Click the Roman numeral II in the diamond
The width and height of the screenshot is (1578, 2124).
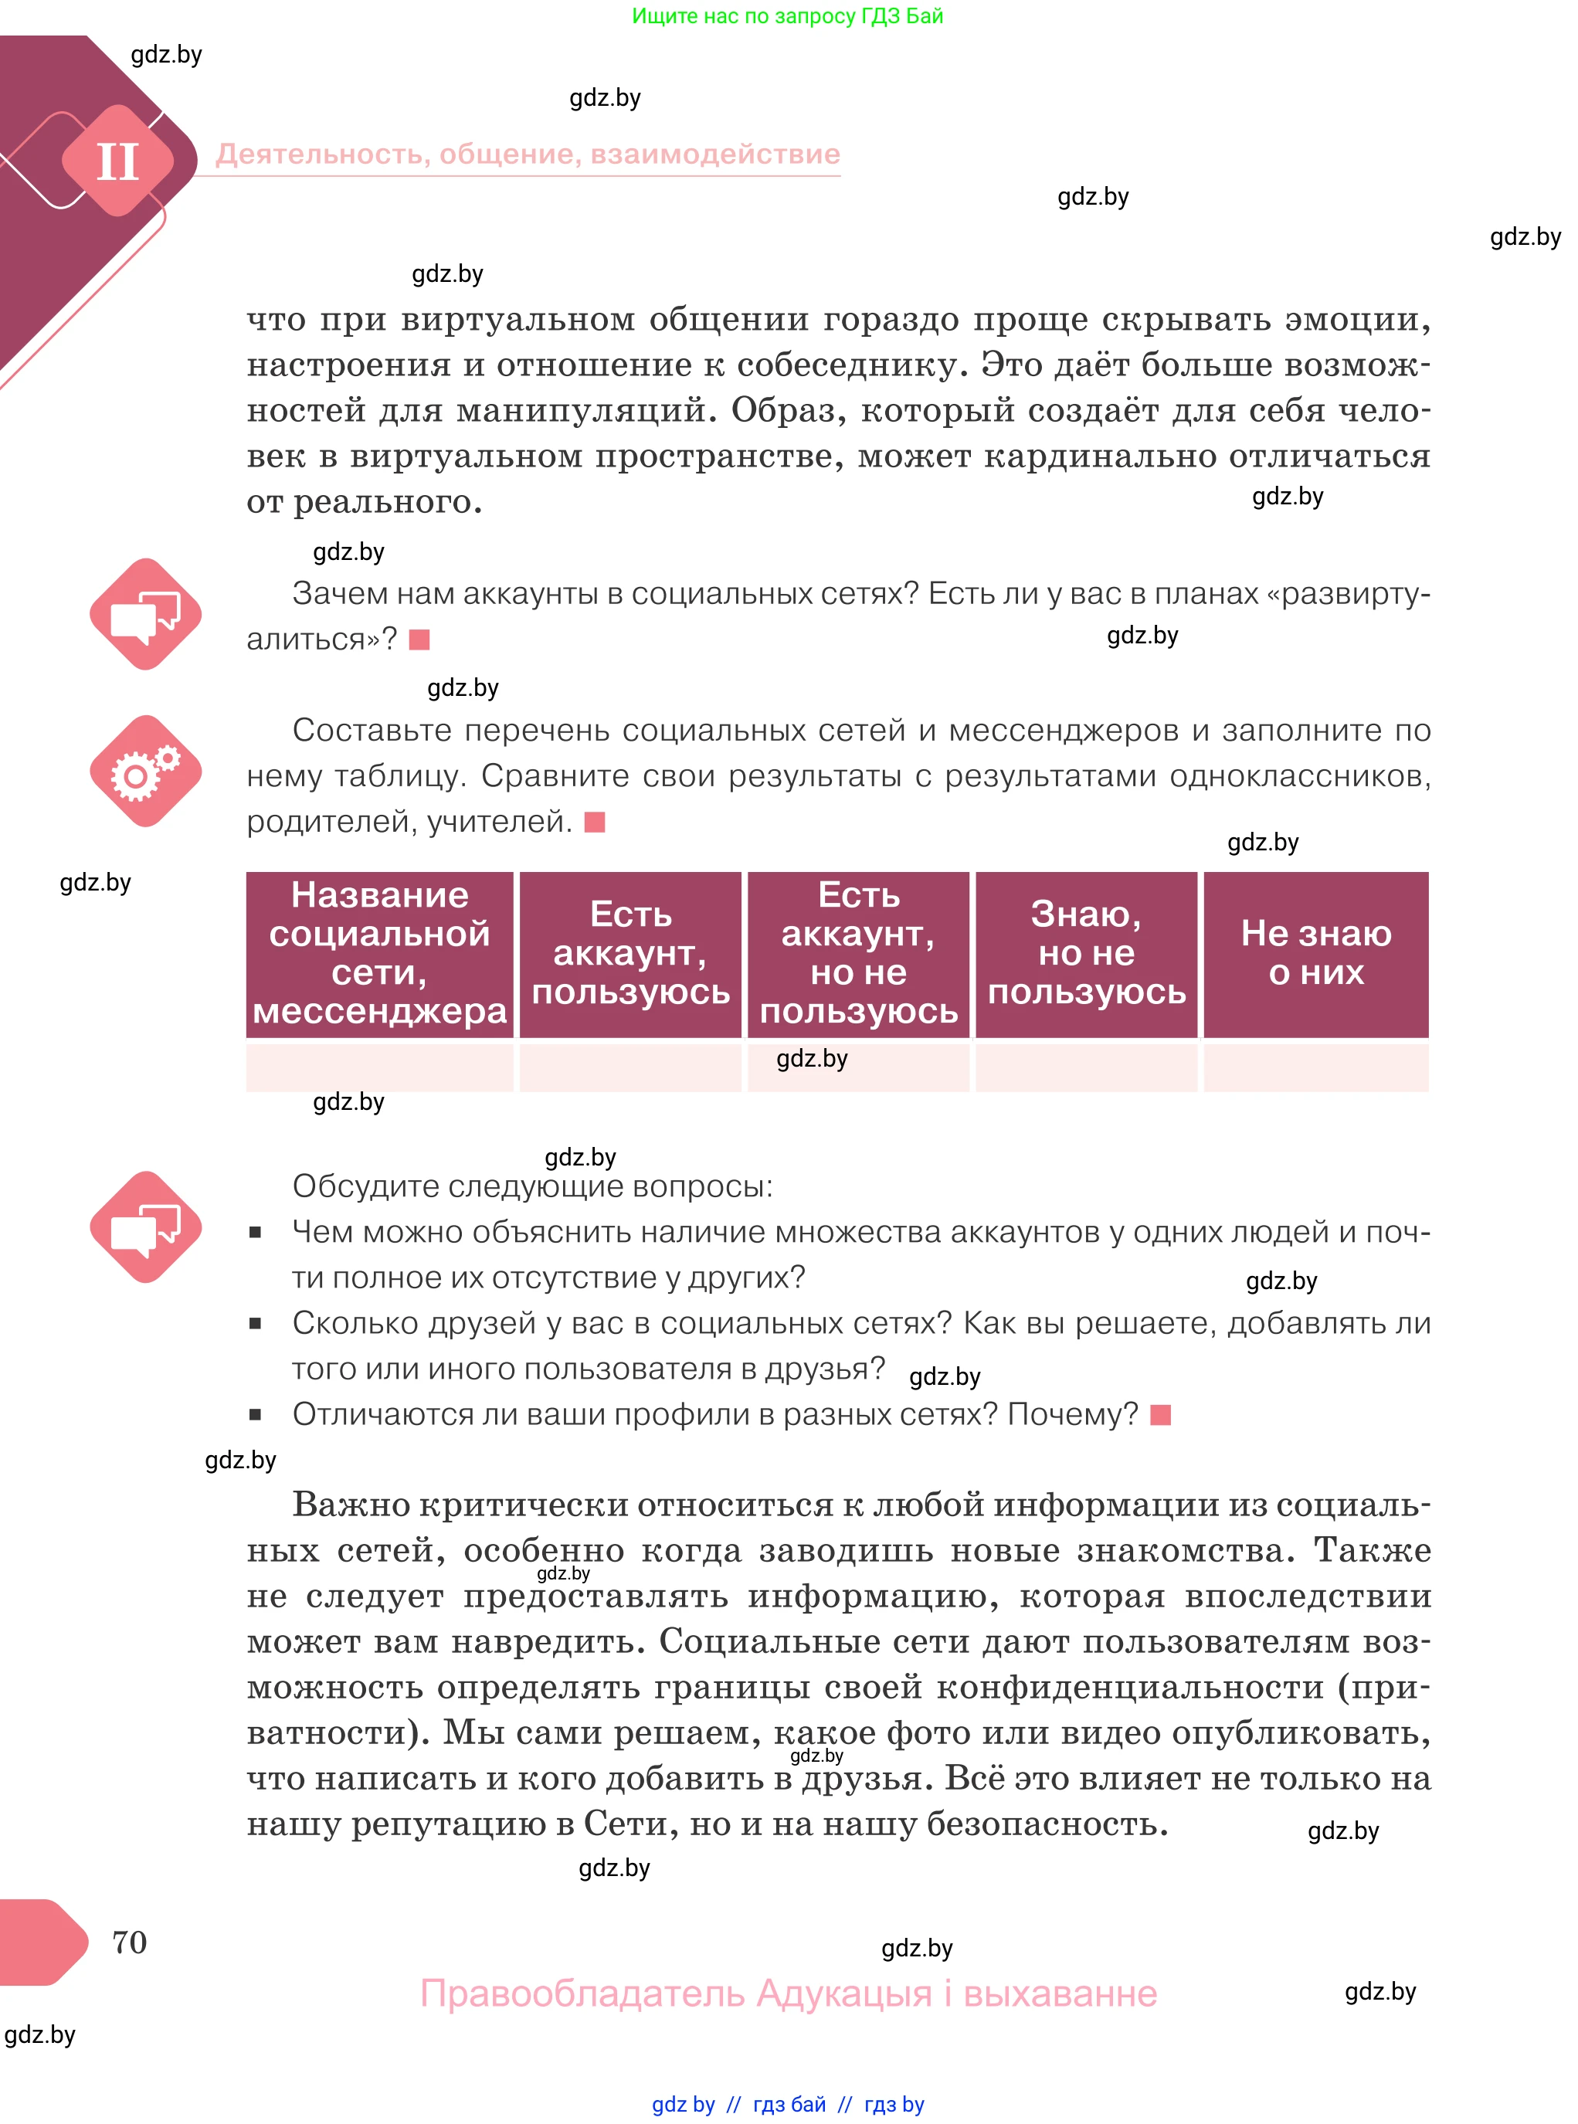(x=117, y=161)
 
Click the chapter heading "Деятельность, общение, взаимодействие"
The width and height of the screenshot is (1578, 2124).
(x=528, y=154)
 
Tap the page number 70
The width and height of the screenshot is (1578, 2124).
(x=129, y=1942)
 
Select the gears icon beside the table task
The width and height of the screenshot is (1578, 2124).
(x=145, y=771)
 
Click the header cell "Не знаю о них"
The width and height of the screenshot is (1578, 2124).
(x=1315, y=953)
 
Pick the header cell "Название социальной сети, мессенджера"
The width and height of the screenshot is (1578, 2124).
(x=379, y=953)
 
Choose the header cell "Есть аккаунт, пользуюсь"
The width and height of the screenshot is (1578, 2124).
(x=630, y=953)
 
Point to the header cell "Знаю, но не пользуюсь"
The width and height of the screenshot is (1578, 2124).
(x=1086, y=953)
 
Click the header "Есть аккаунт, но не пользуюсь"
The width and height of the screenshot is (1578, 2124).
(x=858, y=953)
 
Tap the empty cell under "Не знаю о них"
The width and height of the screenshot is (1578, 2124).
(x=1315, y=1067)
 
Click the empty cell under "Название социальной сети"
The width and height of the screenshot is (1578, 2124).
(x=379, y=1067)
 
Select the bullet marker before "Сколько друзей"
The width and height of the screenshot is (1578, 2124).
(x=255, y=1324)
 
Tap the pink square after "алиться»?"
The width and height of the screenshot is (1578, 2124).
(x=419, y=640)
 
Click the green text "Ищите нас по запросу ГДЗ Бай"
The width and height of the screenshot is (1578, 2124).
(x=787, y=16)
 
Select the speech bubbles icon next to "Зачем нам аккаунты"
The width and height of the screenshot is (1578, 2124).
(x=145, y=614)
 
